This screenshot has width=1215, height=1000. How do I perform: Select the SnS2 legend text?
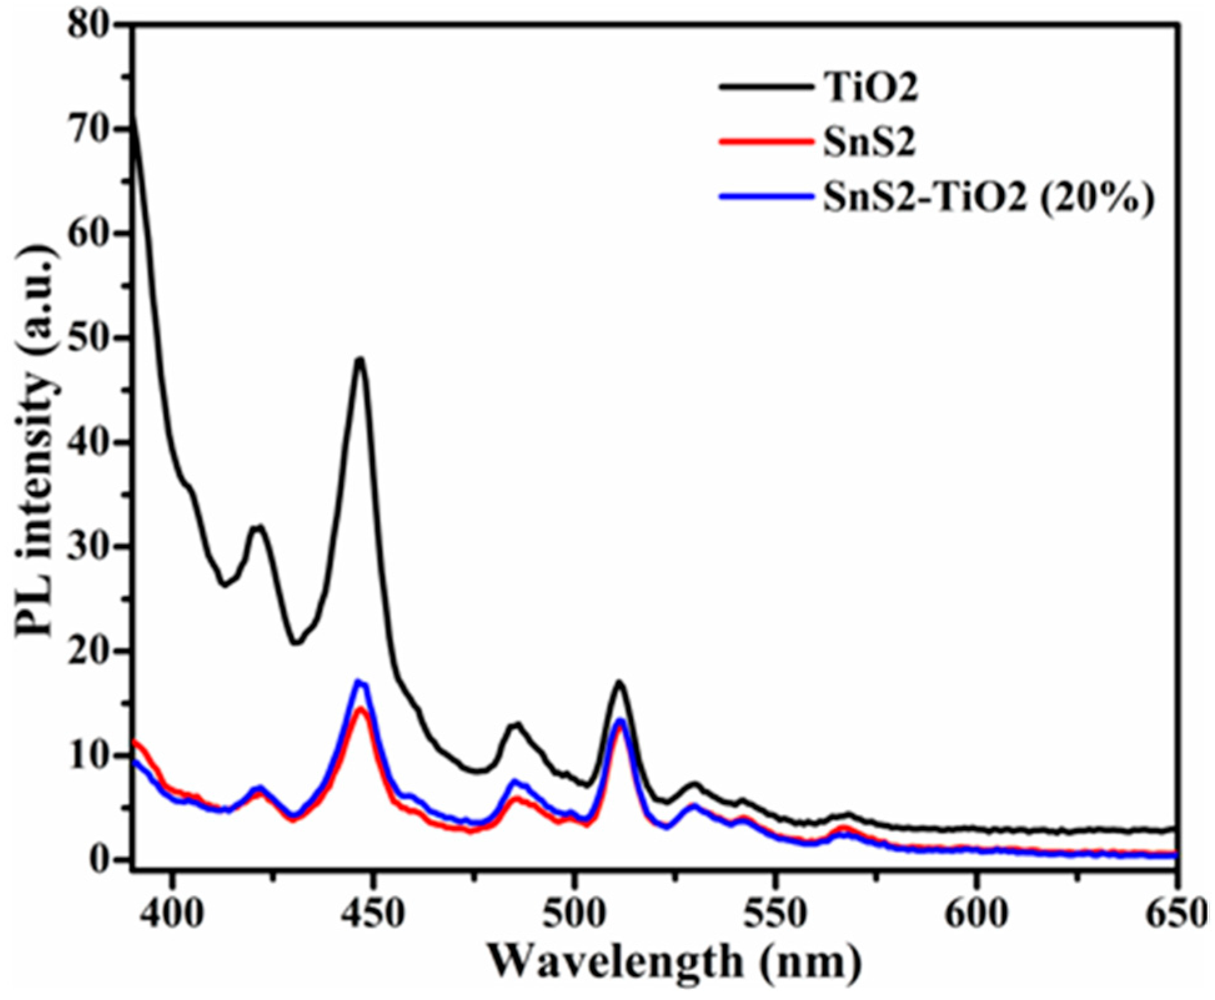coord(868,142)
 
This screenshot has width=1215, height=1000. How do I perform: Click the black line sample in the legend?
coord(767,88)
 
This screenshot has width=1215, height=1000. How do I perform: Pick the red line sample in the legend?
coord(767,142)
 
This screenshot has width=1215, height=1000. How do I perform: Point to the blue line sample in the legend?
coord(767,197)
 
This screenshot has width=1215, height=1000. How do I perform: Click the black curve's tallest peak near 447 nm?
coord(360,359)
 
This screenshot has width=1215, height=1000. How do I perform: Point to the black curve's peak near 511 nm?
coord(619,682)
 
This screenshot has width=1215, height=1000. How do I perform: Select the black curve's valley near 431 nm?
coord(296,643)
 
